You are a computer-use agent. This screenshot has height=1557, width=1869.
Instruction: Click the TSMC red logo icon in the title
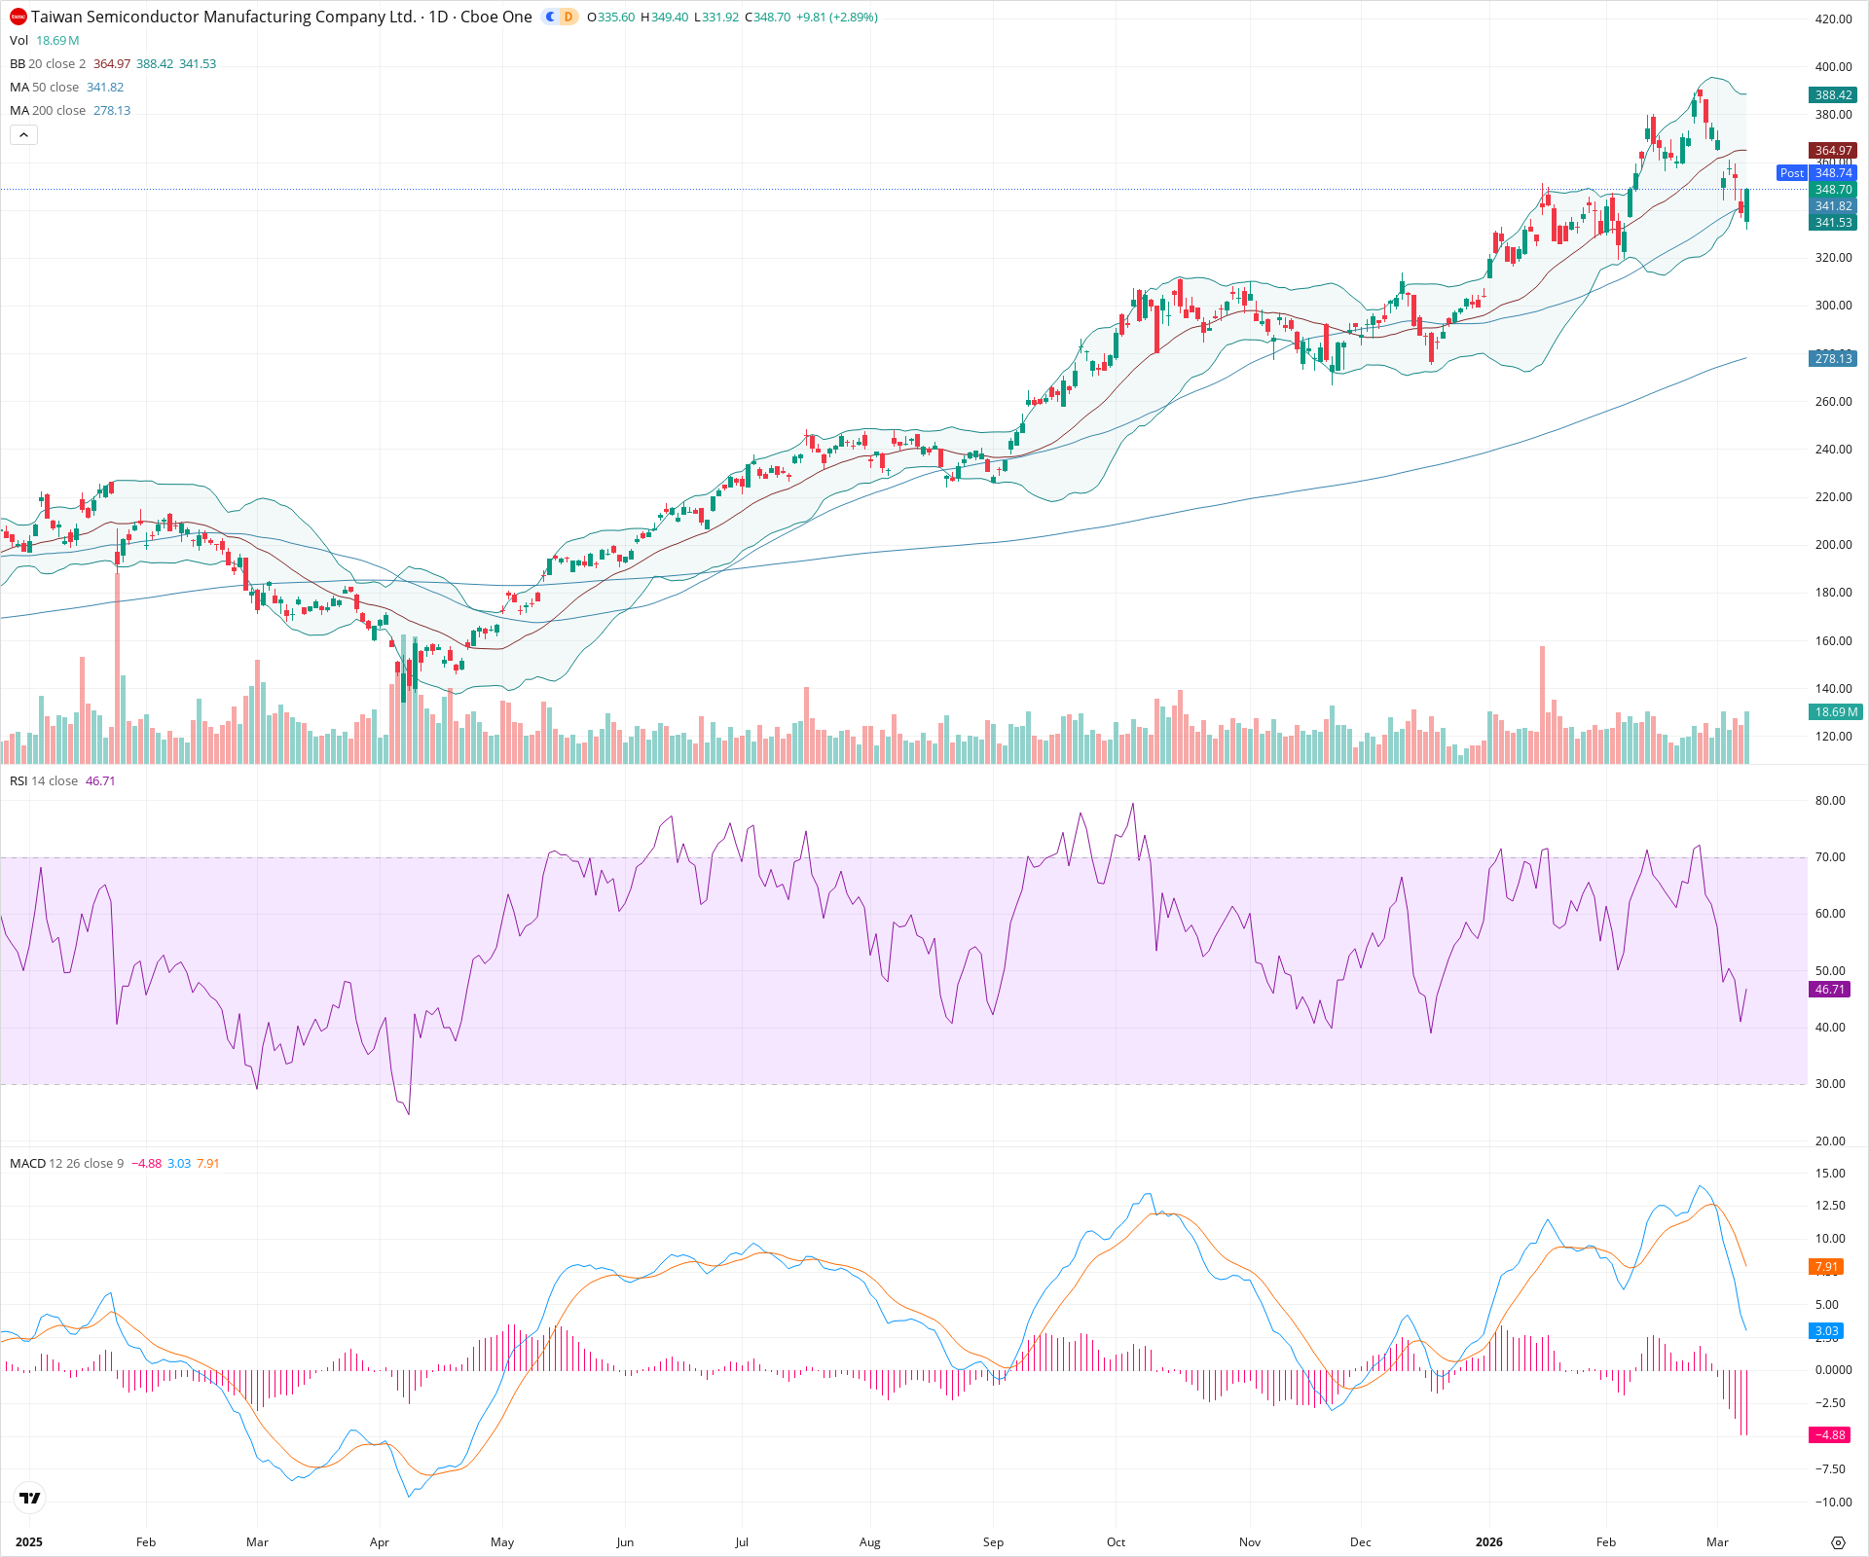[18, 17]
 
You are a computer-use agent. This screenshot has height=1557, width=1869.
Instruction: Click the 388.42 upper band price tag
[1833, 94]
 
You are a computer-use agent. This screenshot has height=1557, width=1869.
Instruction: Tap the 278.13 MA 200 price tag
[1833, 359]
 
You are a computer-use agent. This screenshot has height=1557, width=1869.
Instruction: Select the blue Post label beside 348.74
[1791, 173]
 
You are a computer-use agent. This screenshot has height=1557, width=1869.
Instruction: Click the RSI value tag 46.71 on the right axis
[1829, 990]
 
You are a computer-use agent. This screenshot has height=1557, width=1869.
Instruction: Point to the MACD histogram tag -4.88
[1829, 1435]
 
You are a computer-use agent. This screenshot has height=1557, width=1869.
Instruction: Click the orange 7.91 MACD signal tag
[1826, 1267]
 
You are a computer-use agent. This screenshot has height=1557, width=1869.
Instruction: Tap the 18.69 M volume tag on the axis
[1835, 712]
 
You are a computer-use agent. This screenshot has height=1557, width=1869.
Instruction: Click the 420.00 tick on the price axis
[1833, 18]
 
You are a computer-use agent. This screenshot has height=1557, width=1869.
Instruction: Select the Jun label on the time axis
[625, 1542]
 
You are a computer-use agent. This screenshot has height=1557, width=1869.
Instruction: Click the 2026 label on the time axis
[1488, 1542]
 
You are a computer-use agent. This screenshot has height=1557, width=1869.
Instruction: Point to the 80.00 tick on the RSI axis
[1829, 801]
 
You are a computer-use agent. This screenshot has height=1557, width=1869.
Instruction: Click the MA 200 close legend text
[48, 110]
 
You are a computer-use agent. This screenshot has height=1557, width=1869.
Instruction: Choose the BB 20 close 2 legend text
[48, 63]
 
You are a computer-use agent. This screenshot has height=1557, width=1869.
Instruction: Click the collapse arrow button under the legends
[24, 134]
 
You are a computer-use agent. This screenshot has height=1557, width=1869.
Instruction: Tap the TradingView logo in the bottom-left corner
[30, 1498]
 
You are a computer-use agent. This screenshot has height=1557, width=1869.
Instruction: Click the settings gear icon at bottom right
[1838, 1542]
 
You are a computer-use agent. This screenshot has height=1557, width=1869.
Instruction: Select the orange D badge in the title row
[568, 17]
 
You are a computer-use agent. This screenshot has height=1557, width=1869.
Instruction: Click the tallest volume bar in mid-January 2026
[1542, 701]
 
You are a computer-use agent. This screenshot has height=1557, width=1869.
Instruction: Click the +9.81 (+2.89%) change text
[836, 17]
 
